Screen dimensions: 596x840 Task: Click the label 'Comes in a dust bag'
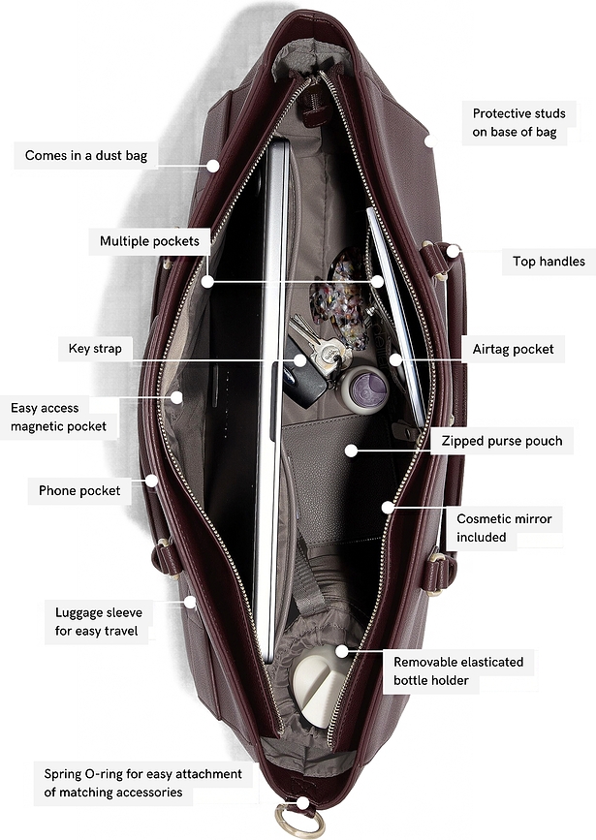coord(85,155)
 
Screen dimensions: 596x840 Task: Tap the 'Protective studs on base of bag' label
coord(518,123)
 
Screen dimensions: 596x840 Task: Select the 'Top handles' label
coord(549,262)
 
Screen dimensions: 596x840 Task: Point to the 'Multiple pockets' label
coord(149,241)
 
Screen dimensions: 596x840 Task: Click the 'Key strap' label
coord(95,348)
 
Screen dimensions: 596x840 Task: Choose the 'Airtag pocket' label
coord(513,350)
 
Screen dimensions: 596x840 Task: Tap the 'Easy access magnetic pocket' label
coord(58,417)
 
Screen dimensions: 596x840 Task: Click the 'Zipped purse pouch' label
coord(502,441)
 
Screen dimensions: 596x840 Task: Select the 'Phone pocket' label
coord(79,490)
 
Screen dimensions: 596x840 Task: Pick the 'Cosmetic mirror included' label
coord(504,528)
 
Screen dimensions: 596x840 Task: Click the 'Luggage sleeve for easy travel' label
coord(99,621)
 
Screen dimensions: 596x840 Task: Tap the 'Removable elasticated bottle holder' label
coord(458,670)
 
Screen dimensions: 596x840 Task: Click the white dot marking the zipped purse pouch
coord(351,451)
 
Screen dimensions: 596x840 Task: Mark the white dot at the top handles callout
coord(453,251)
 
